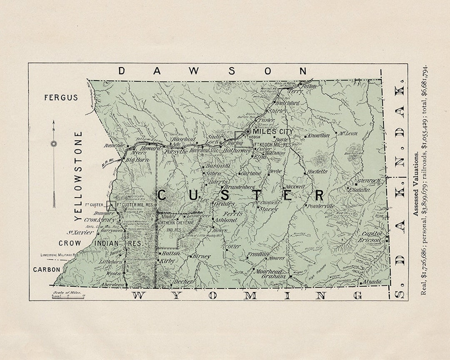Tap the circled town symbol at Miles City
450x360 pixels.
pos(247,131)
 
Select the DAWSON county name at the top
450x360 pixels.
pos(212,71)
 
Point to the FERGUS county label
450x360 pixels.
pos(61,97)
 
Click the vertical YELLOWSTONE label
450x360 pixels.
pos(78,176)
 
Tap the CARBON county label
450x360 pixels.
pos(47,270)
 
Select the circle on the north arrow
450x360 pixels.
pos(54,144)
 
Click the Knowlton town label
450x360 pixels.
pos(319,136)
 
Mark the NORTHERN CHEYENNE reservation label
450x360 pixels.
pos(176,223)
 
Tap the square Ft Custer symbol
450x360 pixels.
pos(111,205)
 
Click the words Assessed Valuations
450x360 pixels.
pos(415,184)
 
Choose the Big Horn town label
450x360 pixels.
pos(137,160)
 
